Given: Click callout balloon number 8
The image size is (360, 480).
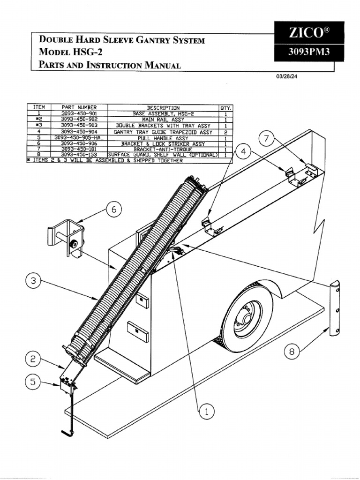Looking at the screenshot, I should coord(292,352).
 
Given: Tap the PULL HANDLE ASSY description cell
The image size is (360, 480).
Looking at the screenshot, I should coord(163,138).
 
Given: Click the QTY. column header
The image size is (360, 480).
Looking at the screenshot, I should coord(226,107).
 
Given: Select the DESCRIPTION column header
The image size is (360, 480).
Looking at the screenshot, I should coord(163,107).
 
